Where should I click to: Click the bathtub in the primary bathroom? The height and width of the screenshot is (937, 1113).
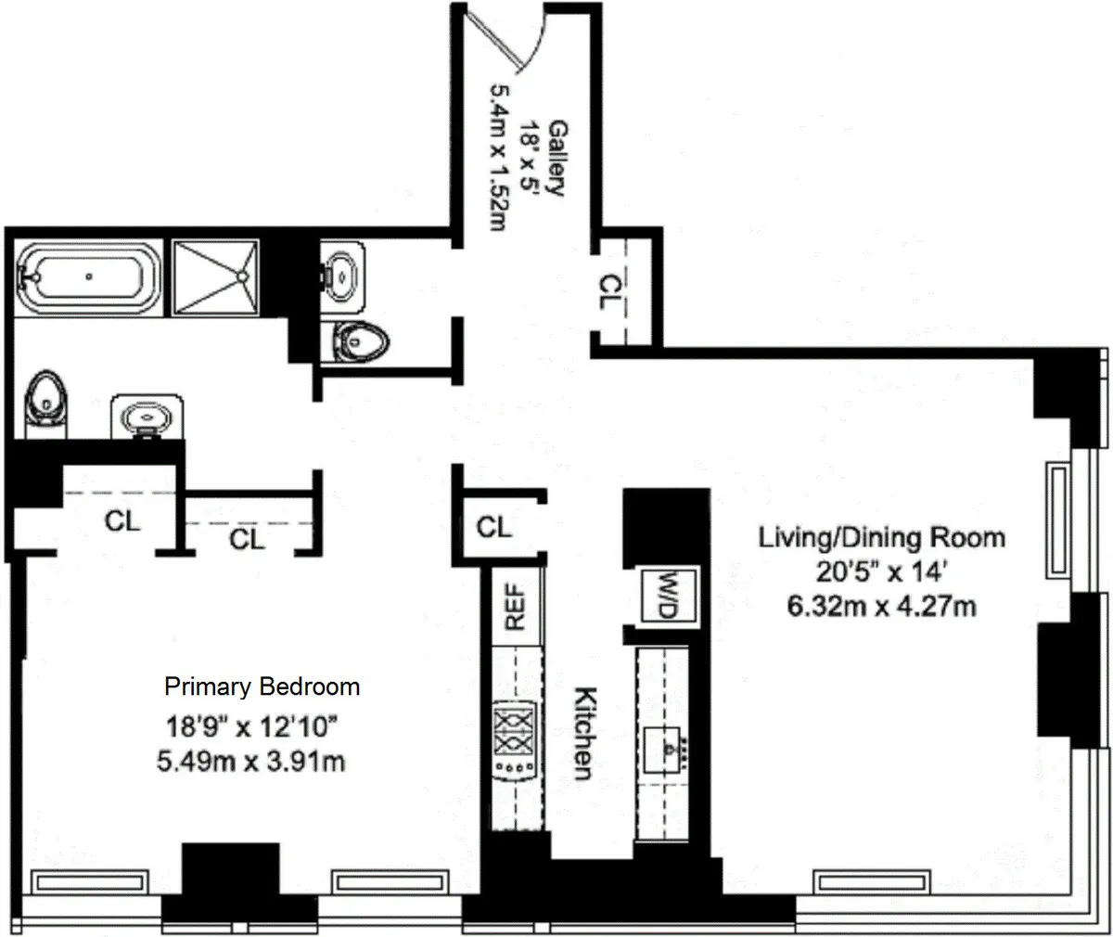(x=89, y=276)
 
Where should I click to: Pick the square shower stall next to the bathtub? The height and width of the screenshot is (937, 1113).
(x=216, y=276)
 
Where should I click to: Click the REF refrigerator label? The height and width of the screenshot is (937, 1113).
(x=516, y=607)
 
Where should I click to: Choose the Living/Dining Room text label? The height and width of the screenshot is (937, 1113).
(x=881, y=537)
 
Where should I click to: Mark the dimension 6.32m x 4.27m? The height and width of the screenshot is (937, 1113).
(x=881, y=608)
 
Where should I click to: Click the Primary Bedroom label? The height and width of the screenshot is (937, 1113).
(x=262, y=687)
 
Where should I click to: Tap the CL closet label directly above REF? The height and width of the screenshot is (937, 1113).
(x=493, y=528)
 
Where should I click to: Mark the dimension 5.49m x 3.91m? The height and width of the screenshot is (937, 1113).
(x=255, y=763)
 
